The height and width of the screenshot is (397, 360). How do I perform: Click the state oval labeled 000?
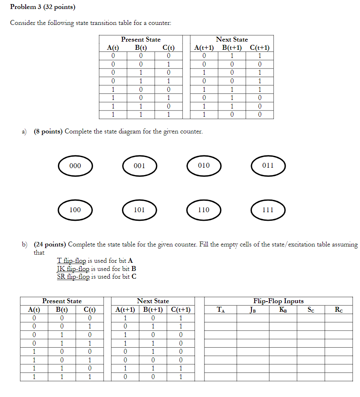click(75, 166)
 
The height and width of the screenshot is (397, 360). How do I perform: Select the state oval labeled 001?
click(140, 166)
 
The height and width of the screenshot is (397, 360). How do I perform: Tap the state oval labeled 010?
click(204, 166)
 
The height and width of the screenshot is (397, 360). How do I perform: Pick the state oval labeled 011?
click(268, 166)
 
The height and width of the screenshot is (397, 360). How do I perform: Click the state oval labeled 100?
click(75, 210)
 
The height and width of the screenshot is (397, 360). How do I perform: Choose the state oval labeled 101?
click(140, 210)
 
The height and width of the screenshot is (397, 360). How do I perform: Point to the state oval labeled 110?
click(204, 210)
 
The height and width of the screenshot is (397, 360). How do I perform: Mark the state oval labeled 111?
click(268, 210)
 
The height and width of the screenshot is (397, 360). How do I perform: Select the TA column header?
click(220, 310)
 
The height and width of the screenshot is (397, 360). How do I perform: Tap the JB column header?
click(253, 310)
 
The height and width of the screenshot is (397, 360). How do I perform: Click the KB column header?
click(283, 310)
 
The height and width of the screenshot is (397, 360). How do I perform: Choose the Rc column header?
click(339, 310)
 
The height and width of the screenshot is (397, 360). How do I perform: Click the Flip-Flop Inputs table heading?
click(278, 301)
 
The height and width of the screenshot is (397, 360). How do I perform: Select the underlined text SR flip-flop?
click(73, 277)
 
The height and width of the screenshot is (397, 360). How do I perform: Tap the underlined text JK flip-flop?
click(73, 269)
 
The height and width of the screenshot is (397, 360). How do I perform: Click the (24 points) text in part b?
click(50, 244)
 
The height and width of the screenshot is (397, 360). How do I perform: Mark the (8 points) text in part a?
click(48, 132)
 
